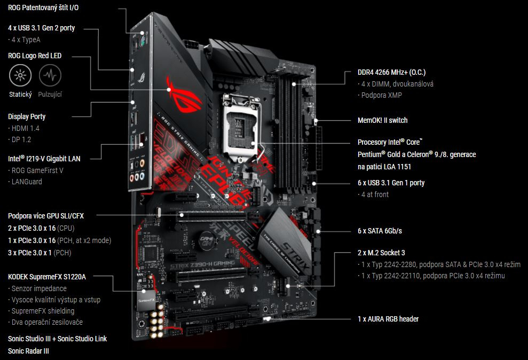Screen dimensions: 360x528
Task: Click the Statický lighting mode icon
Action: (x=20, y=76)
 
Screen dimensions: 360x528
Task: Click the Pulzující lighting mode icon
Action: (x=50, y=76)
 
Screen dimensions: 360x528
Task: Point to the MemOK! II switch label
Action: (x=382, y=120)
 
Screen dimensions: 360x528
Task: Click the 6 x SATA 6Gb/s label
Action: (x=380, y=231)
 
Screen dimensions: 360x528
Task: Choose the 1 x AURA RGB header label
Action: (x=388, y=319)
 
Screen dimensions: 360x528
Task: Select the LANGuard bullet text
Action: (x=26, y=182)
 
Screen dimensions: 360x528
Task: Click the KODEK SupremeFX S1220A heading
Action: (x=47, y=277)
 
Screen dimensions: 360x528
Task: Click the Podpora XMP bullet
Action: (x=382, y=95)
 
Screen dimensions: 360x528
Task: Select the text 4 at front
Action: (x=375, y=194)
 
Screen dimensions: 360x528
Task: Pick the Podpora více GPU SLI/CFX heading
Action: (x=46, y=216)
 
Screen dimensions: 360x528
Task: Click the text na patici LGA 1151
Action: (x=384, y=167)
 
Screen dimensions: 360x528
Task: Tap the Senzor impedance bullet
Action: (x=39, y=288)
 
